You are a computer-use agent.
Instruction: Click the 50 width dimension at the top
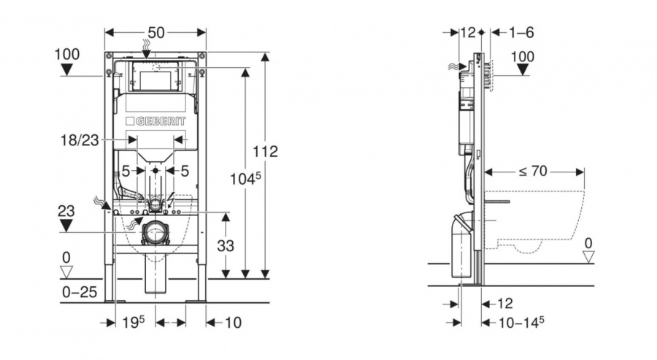156,32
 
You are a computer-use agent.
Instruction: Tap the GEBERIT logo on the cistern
155,121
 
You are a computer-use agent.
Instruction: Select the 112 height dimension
265,151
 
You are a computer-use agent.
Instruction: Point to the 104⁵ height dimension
245,179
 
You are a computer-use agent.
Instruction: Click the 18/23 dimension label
80,140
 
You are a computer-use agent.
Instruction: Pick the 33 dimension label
226,245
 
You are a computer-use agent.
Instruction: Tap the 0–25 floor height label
80,291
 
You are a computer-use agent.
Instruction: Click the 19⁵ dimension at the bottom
134,322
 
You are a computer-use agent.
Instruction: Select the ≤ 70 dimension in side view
533,171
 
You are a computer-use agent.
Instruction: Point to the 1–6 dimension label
521,32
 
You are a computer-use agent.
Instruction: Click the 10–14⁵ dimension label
520,322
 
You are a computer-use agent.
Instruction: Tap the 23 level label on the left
66,211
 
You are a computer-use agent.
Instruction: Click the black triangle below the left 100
66,69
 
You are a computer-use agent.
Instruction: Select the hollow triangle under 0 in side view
588,256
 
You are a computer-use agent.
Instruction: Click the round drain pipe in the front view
156,232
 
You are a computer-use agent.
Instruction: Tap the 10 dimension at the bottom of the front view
234,322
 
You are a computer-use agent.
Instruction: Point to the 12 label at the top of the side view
468,32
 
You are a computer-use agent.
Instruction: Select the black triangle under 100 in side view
523,69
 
